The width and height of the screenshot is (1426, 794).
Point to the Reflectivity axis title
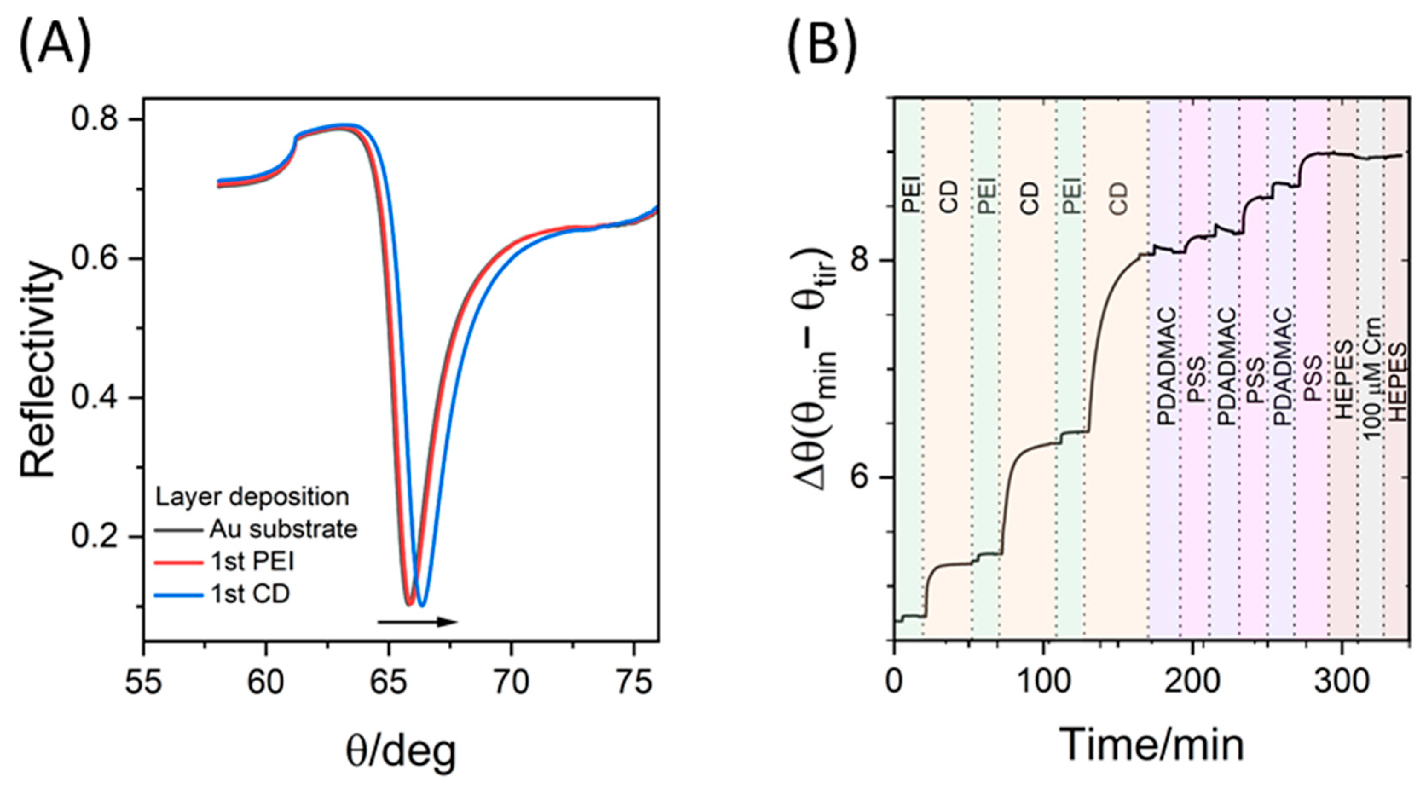(x=39, y=370)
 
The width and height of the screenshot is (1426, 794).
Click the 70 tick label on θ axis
(x=511, y=683)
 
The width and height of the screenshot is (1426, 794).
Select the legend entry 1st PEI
(x=252, y=562)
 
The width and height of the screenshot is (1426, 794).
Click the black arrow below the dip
(x=417, y=622)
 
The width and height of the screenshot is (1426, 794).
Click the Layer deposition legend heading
(x=252, y=497)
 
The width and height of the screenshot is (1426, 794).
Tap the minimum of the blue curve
(x=422, y=605)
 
